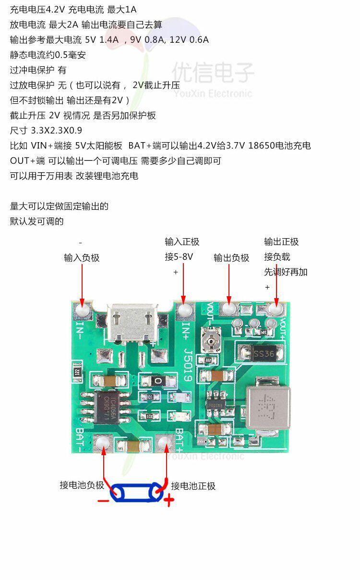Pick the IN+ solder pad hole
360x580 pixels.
pos(183,310)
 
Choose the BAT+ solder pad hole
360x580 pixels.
pos(165,443)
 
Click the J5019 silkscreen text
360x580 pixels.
pos(188,365)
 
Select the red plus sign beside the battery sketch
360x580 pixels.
pos(168,501)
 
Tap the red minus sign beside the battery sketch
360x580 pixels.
pos(103,501)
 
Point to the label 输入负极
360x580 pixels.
pos(82,258)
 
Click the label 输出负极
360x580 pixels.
pos(231,258)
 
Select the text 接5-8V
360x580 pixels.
pos(179,257)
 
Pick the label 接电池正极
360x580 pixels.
pos(193,486)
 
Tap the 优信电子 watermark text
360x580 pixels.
pos(213,73)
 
